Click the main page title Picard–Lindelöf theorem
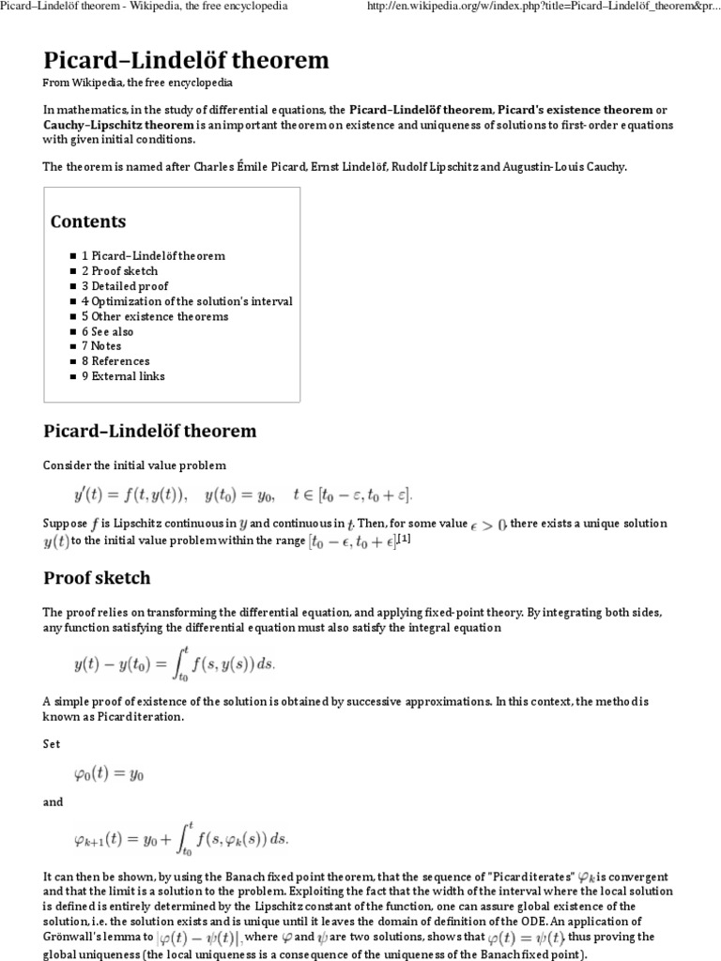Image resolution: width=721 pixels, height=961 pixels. pyautogui.click(x=186, y=61)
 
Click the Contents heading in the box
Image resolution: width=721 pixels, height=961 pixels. pyautogui.click(x=87, y=221)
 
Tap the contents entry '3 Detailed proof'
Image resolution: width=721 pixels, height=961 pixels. pyautogui.click(x=126, y=286)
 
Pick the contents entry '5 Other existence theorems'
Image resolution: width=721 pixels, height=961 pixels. pyautogui.click(x=154, y=316)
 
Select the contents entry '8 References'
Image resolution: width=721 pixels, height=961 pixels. pyautogui.click(x=115, y=361)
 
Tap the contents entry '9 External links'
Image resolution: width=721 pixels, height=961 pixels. pyautogui.click(x=123, y=376)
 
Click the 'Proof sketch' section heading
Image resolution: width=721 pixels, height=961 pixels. pyautogui.click(x=97, y=576)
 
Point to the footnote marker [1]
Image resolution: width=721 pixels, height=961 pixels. pyautogui.click(x=404, y=539)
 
